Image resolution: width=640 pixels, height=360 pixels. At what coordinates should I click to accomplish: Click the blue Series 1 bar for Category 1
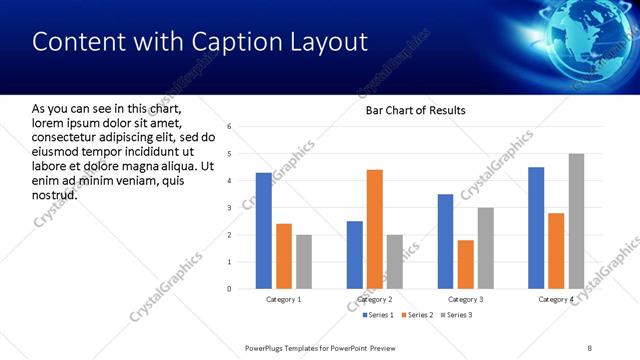click(263, 231)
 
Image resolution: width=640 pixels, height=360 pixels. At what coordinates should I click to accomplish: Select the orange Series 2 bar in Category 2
click(375, 229)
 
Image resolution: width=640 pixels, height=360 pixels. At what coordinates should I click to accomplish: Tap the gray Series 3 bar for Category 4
click(576, 221)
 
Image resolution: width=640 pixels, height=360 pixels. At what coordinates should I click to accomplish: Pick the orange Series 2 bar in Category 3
click(465, 264)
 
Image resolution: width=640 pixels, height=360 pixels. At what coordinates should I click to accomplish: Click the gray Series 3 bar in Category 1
click(303, 262)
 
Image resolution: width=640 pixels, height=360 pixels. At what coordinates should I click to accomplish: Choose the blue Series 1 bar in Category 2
click(355, 255)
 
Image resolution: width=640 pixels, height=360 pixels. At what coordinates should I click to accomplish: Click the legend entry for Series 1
click(379, 316)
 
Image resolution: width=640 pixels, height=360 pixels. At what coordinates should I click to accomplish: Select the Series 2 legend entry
click(417, 316)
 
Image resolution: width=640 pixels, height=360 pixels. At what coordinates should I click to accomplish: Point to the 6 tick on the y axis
click(230, 127)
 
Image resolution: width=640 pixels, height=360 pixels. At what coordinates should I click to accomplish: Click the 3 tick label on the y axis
click(230, 208)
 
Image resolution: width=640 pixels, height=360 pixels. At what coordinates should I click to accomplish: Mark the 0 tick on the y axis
click(230, 289)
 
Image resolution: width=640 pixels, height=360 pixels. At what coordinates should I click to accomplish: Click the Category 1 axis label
click(283, 300)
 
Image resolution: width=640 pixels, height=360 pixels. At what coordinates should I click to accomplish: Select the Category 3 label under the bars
click(465, 300)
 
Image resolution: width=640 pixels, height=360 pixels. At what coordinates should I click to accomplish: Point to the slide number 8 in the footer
click(590, 347)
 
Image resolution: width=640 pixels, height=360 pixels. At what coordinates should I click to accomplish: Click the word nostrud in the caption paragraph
click(54, 193)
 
